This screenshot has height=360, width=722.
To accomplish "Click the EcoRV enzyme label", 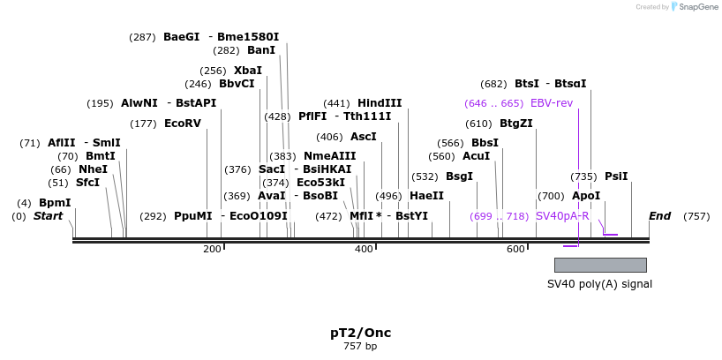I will click(x=183, y=124).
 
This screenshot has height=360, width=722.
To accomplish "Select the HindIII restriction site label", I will click(x=380, y=103).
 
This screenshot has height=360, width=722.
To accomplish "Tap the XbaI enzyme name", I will click(x=247, y=71).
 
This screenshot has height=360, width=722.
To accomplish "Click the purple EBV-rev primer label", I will click(x=551, y=103).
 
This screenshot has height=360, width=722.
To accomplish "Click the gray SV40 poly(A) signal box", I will click(x=600, y=265).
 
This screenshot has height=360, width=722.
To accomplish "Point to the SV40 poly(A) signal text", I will click(x=599, y=284).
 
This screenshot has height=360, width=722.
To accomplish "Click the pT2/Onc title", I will click(x=360, y=333).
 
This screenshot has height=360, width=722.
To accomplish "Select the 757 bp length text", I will click(x=360, y=347).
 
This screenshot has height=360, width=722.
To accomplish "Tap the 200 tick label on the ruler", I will click(x=212, y=250).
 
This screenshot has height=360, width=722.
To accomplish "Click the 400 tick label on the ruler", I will click(x=364, y=250).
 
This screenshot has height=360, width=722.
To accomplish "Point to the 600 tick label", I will click(x=515, y=250).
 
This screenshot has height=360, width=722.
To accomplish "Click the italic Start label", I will click(x=49, y=216).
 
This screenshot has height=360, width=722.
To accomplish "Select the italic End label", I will click(x=659, y=216).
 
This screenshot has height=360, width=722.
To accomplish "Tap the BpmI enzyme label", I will click(x=55, y=203).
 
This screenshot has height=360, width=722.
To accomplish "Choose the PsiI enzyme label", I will click(x=616, y=176).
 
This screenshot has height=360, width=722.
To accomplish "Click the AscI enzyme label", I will click(x=364, y=137).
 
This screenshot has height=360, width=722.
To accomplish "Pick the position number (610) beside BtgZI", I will click(x=478, y=124).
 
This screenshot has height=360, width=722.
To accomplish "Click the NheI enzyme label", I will click(x=93, y=169).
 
